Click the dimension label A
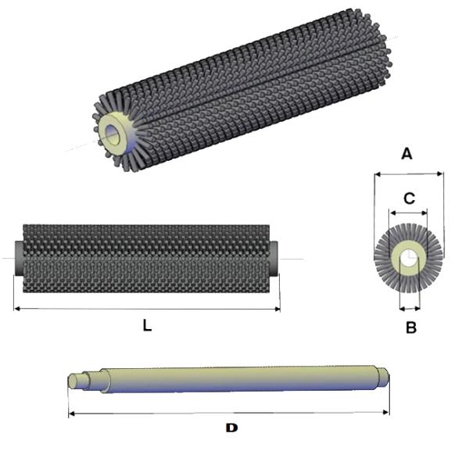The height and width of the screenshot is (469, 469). pyautogui.click(x=406, y=154)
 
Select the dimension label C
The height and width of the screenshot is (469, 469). pyautogui.click(x=408, y=199)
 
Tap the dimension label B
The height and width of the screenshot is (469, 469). pyautogui.click(x=410, y=328)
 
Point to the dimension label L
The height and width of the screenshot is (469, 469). pyautogui.click(x=147, y=326)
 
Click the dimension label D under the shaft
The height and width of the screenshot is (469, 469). pyautogui.click(x=231, y=428)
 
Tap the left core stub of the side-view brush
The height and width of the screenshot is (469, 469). pyautogui.click(x=19, y=258)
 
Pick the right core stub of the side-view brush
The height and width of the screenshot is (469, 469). pyautogui.click(x=274, y=258)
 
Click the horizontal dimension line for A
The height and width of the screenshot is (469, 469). pyautogui.click(x=409, y=174)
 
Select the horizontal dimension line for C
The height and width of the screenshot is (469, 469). pyautogui.click(x=408, y=212)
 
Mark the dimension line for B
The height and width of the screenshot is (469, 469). pyautogui.click(x=410, y=307)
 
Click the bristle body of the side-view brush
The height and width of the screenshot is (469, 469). pyautogui.click(x=146, y=258)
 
